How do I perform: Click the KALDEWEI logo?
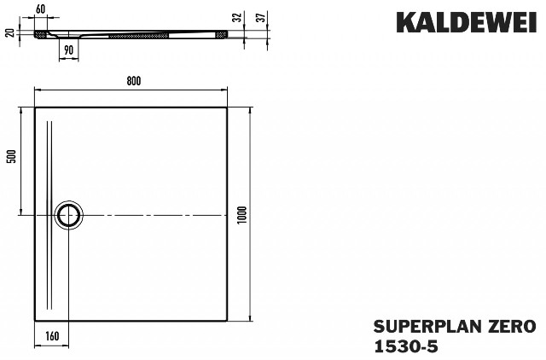[467, 22]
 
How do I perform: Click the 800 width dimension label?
[134, 81]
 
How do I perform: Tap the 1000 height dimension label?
[242, 215]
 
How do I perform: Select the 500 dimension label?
[12, 156]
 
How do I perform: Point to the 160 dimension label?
[52, 336]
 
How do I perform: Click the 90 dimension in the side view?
[68, 50]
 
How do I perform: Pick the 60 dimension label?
[40, 9]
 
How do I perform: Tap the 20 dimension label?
[10, 32]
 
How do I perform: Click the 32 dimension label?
[237, 17]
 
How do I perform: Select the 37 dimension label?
[261, 17]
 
